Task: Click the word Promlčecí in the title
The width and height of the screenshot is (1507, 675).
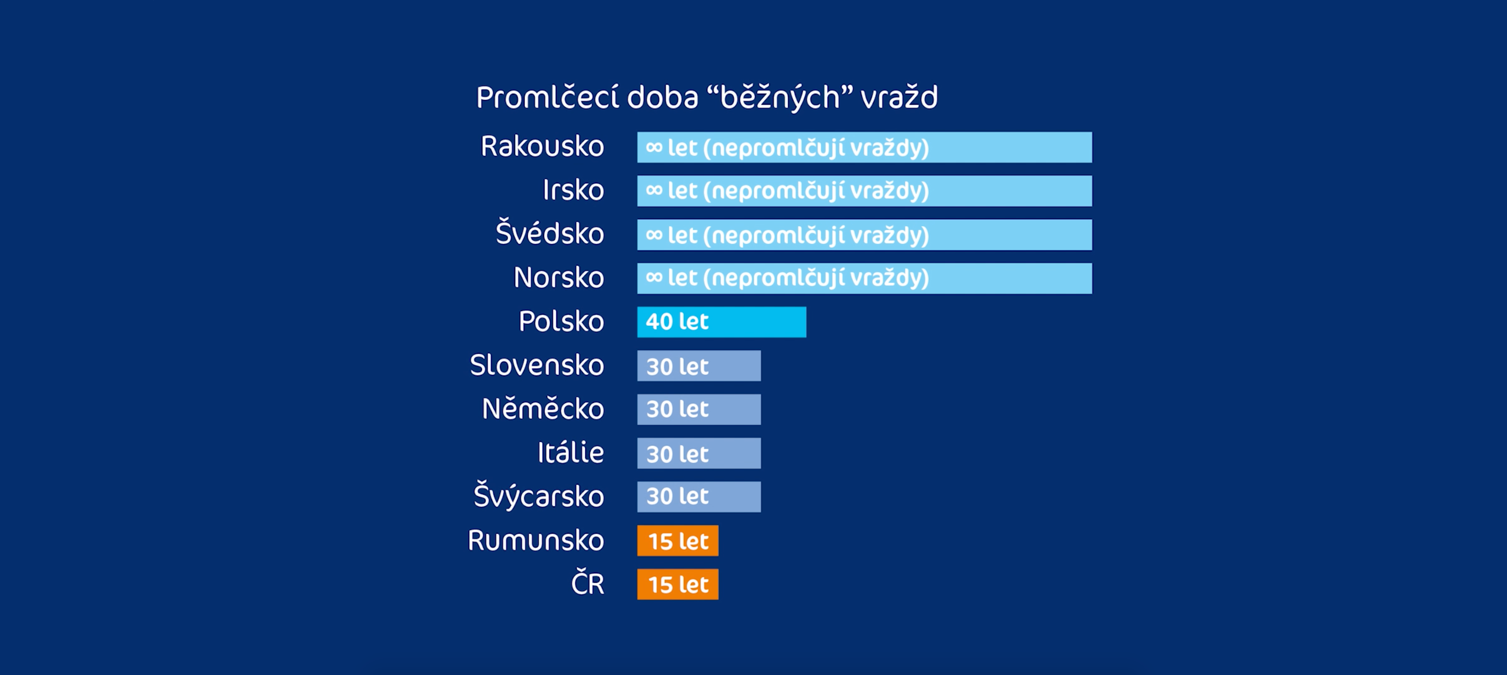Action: (547, 97)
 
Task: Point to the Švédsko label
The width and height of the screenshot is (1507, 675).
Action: (549, 234)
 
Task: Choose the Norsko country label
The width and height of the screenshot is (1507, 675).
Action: (558, 277)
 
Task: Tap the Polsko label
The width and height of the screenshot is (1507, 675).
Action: (561, 321)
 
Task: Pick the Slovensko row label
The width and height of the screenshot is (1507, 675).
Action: (537, 365)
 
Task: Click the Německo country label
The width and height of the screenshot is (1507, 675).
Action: (543, 408)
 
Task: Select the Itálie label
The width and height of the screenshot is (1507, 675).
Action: (571, 452)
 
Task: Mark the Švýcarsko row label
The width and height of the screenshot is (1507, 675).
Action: (538, 496)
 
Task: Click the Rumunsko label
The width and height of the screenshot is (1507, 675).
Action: (535, 540)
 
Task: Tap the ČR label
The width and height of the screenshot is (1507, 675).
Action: (587, 584)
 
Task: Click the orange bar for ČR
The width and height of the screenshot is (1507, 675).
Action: (677, 584)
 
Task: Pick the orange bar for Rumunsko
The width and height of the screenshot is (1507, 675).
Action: (677, 540)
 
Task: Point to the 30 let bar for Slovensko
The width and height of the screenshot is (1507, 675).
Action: (699, 366)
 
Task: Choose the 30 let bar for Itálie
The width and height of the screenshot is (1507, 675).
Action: (699, 453)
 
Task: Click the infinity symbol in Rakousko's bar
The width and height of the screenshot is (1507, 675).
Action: (653, 147)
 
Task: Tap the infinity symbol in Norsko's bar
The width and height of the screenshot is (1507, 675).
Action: (653, 277)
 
